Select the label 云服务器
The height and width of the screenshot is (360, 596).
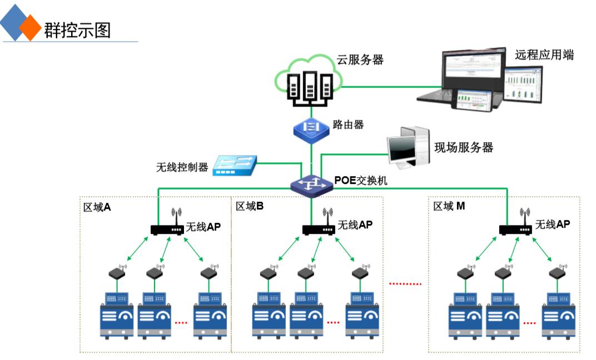click(x=360, y=60)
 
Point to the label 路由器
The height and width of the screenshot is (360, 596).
click(x=348, y=125)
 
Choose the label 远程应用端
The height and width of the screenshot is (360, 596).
click(x=544, y=55)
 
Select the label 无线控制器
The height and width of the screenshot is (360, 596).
click(x=182, y=167)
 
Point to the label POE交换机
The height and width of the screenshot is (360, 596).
click(x=361, y=181)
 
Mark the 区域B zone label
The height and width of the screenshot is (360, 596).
click(x=250, y=206)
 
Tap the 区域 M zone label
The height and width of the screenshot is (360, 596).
click(x=449, y=206)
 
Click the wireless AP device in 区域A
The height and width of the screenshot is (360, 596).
click(x=167, y=228)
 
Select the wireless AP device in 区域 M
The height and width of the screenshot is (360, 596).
click(x=515, y=228)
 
